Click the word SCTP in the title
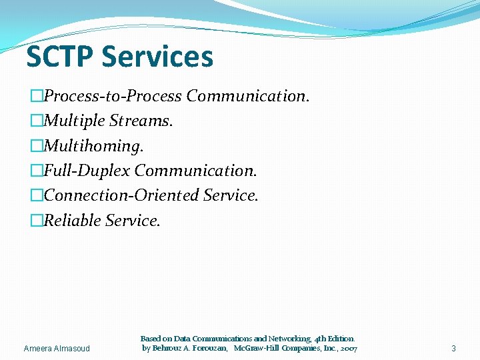[x=59, y=57]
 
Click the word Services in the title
[x=157, y=57]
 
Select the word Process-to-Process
[x=113, y=96]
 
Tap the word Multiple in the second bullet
[x=72, y=121]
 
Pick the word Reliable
[x=71, y=220]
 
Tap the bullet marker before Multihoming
[x=36, y=145]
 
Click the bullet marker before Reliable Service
[x=36, y=220]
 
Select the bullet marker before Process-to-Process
[x=36, y=96]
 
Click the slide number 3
[x=453, y=348]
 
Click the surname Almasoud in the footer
[x=73, y=348]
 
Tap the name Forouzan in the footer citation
[x=207, y=348]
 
